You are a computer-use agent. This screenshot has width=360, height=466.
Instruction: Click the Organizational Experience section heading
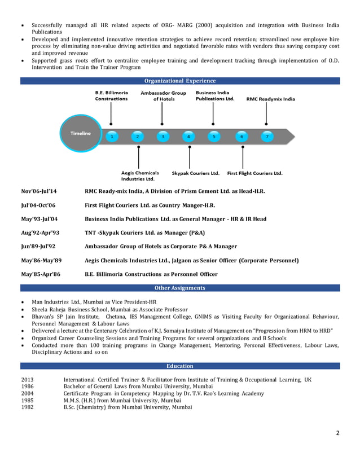pos(180,81)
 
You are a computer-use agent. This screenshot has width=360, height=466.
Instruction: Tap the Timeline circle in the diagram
pos(80,133)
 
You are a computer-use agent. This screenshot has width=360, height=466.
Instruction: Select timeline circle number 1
pos(112,137)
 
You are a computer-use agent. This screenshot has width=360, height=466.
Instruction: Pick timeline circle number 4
pos(188,137)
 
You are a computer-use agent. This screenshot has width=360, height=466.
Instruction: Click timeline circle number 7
pos(267,137)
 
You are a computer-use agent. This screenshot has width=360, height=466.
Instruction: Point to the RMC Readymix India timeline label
pos(270,99)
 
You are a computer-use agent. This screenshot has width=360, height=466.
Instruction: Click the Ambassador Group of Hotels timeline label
pos(163,96)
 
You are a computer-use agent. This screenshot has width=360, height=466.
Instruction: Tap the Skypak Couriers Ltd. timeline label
pos(195,173)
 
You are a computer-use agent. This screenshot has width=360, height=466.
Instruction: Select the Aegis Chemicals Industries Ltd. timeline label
pos(140,175)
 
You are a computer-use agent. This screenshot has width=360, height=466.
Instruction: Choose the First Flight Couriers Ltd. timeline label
pos(254,173)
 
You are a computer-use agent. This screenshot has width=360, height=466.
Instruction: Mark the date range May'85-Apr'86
pos(41,274)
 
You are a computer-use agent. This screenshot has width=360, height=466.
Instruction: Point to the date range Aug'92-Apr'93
pos(40,233)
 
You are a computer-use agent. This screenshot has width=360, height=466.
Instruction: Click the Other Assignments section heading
pos(180,288)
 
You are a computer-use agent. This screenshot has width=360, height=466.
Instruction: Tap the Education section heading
pos(180,366)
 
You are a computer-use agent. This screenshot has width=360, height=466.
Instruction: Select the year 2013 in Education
pos(27,380)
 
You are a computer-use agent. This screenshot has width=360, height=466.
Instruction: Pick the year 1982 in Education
pos(27,407)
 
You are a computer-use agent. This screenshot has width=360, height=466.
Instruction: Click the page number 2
pos(337,433)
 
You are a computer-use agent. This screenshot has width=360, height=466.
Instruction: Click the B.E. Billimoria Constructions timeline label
pos(111,96)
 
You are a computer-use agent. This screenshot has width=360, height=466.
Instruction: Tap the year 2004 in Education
pos(27,393)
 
